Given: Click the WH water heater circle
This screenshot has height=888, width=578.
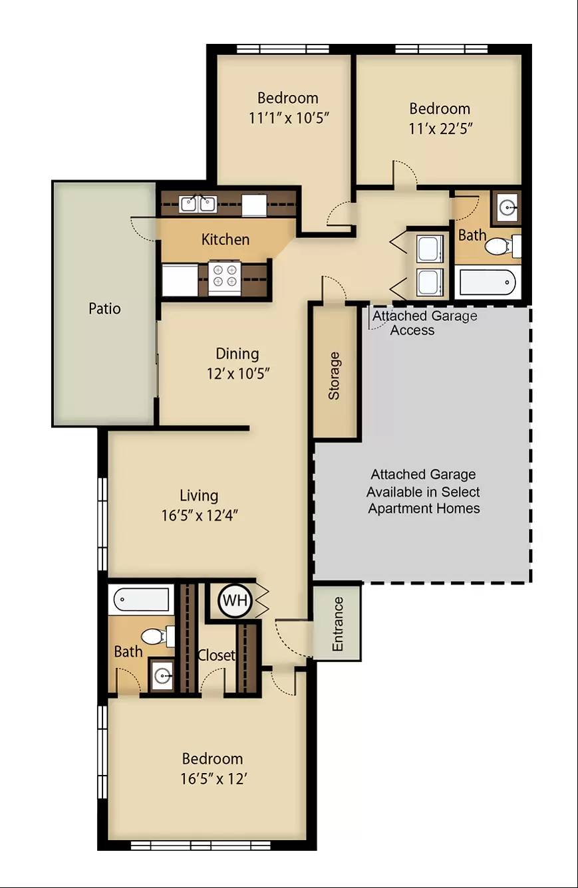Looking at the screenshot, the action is coord(235,601).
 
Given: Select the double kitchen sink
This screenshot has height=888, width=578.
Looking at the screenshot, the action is coord(197,204).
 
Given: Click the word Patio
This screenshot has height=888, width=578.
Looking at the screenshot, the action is coord(104,308).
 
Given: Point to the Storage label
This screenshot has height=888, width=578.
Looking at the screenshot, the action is coord(334,376).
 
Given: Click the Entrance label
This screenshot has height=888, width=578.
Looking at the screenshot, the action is coord(337,624).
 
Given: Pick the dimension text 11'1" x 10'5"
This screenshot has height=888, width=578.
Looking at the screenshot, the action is coord(289,118).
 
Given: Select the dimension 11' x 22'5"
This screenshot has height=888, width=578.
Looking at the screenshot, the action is coord(441,129).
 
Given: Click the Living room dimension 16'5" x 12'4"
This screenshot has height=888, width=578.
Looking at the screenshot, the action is coord(200,515).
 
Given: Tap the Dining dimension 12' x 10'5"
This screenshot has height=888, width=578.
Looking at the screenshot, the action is coord(238,374).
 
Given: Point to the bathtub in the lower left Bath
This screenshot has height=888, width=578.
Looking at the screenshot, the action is coord(141,600).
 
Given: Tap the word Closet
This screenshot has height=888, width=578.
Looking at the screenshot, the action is coord(216,655).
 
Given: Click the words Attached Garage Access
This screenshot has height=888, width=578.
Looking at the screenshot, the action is coord(424,322).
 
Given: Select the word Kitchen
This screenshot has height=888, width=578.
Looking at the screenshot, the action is coord(225,239).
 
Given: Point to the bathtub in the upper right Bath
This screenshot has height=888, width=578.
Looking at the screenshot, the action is coord(488,282).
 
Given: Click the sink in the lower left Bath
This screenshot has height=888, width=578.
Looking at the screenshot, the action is coord(162,675).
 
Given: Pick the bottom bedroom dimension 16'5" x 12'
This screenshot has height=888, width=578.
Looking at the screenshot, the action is coord(214,779).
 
